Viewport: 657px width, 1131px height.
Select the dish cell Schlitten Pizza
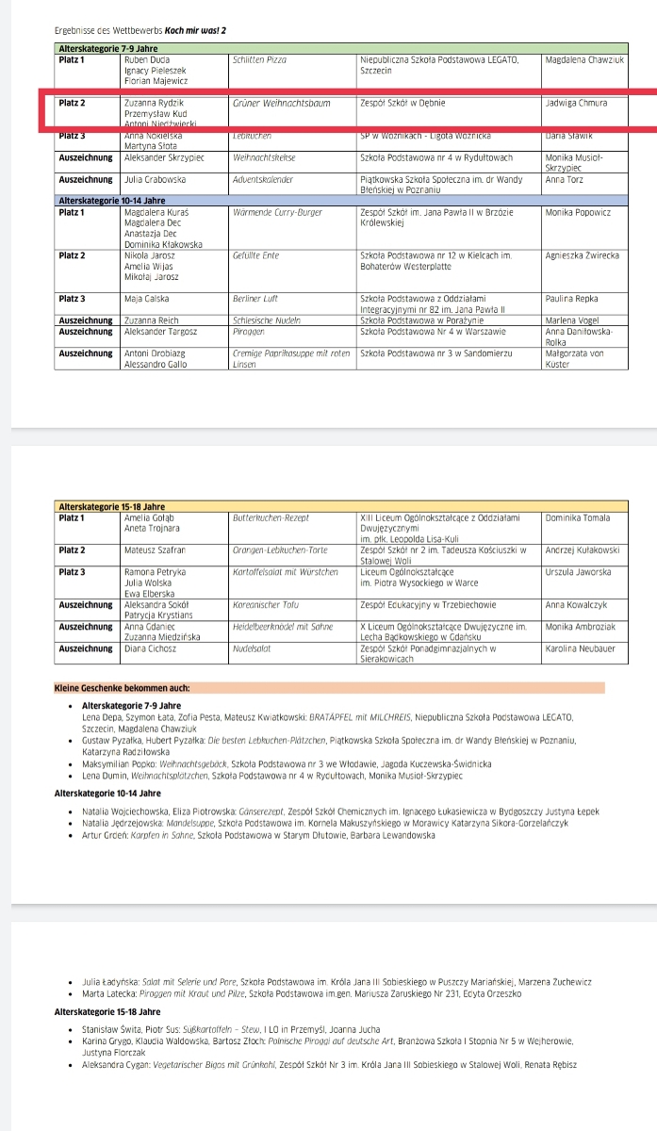pos(259,59)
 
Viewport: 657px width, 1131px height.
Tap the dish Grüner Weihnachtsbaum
pos(281,103)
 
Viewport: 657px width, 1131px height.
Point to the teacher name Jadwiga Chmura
pos(576,103)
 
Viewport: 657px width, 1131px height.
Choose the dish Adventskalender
pos(263,177)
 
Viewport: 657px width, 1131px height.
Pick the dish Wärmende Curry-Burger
pos(276,212)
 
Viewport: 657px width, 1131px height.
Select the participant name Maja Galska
pos(148,299)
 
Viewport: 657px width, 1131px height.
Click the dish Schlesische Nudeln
pos(265,320)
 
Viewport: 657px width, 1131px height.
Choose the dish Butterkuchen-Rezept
pos(270,517)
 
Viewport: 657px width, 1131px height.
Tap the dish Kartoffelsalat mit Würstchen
pos(285,571)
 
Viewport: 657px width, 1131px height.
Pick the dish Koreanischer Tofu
pos(266,604)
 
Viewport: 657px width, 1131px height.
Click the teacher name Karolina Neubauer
pos(580,647)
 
